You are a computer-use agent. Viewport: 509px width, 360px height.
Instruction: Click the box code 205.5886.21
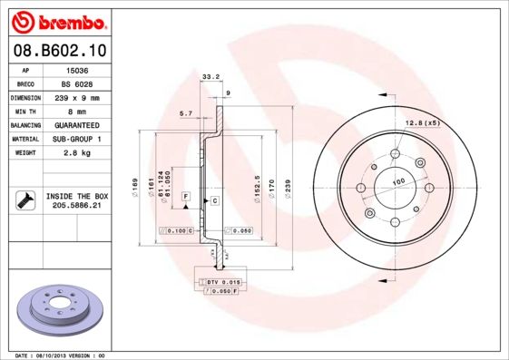[x=77, y=206]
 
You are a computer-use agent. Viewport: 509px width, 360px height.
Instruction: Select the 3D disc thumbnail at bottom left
[x=55, y=308]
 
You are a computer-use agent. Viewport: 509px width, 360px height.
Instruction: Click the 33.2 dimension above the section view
[x=210, y=77]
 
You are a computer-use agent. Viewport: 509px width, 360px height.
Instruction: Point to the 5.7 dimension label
[x=186, y=113]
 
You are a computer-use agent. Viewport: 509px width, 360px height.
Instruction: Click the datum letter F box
[x=185, y=196]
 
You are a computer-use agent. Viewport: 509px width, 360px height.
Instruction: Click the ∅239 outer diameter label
[x=288, y=186]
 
